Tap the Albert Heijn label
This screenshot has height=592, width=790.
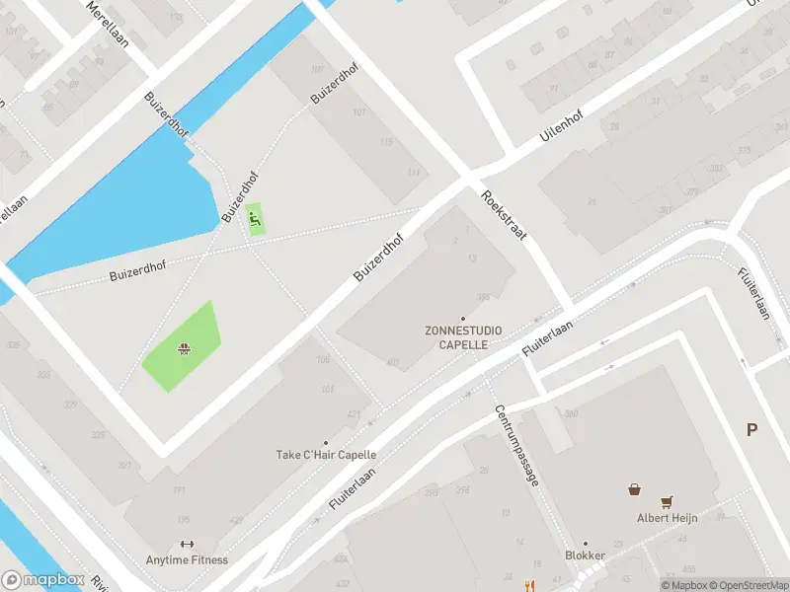pos(668,518)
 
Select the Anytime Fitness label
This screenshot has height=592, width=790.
pos(188,560)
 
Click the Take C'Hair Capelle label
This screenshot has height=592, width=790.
pos(326,455)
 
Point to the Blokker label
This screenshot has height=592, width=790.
pos(586,555)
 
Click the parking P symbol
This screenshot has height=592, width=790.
pos(752,429)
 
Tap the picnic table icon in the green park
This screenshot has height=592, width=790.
pos(183,347)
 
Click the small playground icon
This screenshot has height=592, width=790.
pos(256,218)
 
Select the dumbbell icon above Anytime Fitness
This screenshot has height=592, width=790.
pos(187,544)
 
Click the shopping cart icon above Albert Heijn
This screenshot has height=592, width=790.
pos(668,501)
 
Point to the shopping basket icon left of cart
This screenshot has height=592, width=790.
pos(635,488)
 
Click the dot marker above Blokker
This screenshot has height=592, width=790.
pos(586,543)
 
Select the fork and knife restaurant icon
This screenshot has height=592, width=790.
pos(531,584)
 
